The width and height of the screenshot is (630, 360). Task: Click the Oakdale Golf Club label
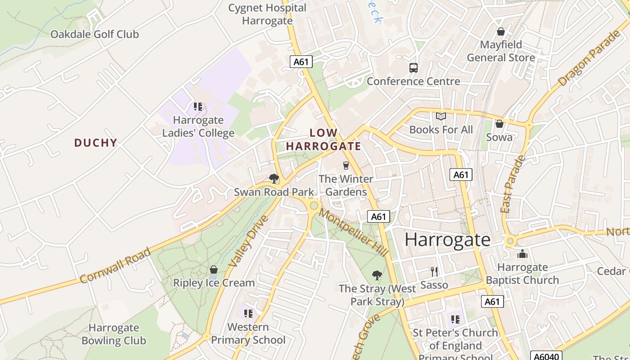coord(94,34)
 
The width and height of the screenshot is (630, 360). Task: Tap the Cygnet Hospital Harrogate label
coord(267,14)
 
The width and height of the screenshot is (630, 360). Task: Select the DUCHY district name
coord(95,143)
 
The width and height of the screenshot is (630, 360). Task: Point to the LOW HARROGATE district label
coord(324,139)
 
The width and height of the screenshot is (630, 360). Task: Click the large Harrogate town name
coord(447,239)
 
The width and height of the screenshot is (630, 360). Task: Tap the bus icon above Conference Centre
coord(413,67)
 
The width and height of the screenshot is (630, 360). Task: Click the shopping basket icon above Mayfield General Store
coord(500,31)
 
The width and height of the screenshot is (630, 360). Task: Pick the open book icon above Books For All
coord(441,117)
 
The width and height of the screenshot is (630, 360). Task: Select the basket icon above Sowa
coord(499,124)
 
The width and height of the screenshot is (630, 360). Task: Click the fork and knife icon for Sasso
coord(434,271)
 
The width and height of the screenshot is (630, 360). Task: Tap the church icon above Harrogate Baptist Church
coord(522,254)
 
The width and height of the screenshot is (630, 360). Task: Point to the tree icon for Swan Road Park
coord(274,179)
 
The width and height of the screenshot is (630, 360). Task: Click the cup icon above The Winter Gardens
coord(346,165)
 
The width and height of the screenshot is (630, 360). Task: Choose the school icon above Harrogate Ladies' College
coord(198,107)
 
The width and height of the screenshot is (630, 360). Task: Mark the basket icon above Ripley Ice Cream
coord(214,270)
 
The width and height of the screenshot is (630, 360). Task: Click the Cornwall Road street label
coord(116,265)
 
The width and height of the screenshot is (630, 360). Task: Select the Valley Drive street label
coord(248,241)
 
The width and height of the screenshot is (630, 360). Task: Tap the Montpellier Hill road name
coord(354,233)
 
